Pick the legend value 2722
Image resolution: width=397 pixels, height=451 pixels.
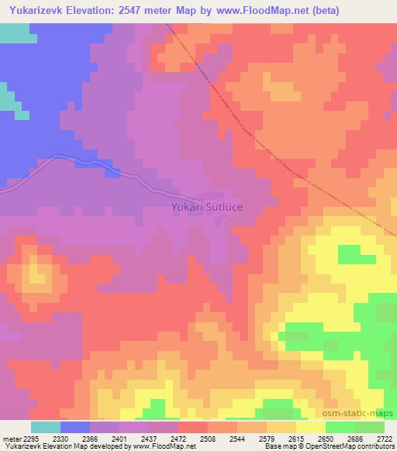tap(383, 438)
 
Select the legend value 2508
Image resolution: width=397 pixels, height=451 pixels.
tap(207, 438)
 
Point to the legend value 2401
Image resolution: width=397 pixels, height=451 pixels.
tap(119, 438)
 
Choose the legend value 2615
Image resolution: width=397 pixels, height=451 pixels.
tap(295, 438)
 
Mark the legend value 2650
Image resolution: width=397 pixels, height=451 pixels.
tap(325, 438)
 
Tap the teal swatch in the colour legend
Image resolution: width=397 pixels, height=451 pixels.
tap(46, 427)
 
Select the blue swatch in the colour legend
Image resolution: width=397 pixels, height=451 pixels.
tap(75, 427)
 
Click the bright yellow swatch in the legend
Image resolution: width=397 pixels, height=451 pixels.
tap(310, 427)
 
